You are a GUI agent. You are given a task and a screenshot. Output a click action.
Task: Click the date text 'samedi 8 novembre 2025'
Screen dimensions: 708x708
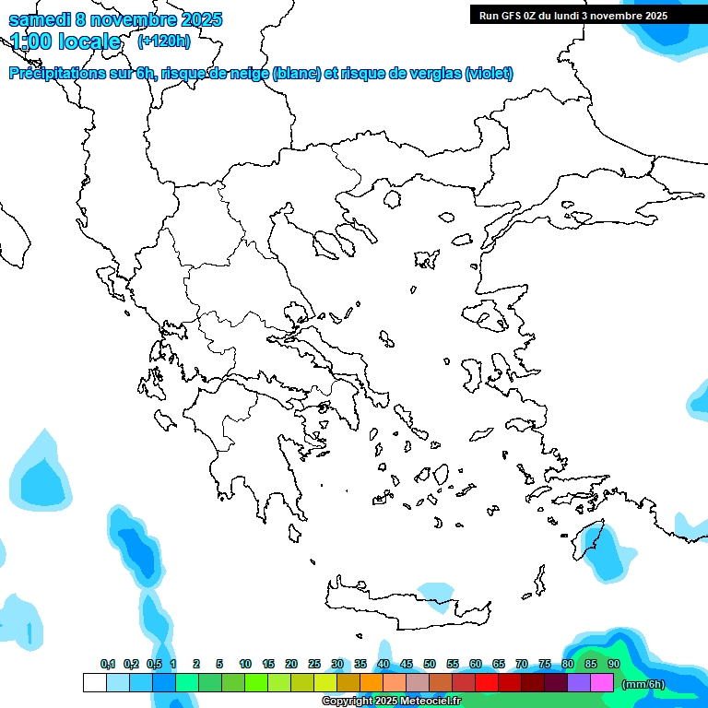(115, 19)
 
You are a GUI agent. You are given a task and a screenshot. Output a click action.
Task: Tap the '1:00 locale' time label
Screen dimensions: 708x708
(65, 41)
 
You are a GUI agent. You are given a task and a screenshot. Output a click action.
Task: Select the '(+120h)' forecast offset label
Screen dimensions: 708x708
(163, 41)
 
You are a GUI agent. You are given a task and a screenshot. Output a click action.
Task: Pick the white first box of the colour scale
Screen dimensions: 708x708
(94, 683)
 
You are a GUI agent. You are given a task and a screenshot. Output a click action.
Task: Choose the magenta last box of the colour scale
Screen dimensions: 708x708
(602, 683)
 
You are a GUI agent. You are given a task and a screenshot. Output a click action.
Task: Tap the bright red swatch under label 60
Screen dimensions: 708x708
(487, 683)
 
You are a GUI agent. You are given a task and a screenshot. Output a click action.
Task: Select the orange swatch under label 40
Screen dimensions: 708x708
(371, 683)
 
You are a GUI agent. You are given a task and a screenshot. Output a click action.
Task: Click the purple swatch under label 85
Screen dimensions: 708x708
(579, 683)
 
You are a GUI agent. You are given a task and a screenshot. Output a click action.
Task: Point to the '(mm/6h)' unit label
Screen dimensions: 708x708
(643, 683)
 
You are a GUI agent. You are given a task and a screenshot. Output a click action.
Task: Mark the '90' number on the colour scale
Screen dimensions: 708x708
(614, 664)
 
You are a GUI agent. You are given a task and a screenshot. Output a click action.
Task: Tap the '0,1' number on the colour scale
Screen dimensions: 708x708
(108, 664)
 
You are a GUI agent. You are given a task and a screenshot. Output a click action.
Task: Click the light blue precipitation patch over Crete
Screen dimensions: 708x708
(436, 591)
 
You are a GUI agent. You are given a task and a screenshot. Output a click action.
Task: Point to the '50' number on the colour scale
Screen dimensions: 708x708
(430, 664)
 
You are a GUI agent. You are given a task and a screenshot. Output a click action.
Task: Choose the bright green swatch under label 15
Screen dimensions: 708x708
(255, 683)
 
